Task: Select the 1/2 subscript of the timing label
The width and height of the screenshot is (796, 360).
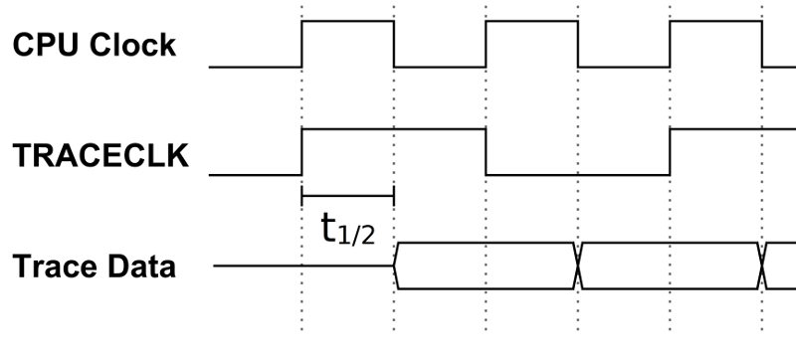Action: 359,237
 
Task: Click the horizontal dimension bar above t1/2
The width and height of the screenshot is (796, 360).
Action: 347,196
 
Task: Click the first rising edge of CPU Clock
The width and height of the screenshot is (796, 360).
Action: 301,44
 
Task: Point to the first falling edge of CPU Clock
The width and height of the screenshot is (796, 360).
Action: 394,44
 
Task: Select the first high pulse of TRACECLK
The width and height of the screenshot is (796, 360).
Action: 393,129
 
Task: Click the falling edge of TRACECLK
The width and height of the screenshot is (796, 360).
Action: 487,152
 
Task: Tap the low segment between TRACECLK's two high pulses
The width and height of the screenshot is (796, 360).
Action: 578,175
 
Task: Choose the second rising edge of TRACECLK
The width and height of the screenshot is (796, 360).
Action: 671,152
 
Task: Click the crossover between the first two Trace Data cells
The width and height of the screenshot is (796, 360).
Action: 578,267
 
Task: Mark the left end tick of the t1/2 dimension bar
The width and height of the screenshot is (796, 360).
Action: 301,196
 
